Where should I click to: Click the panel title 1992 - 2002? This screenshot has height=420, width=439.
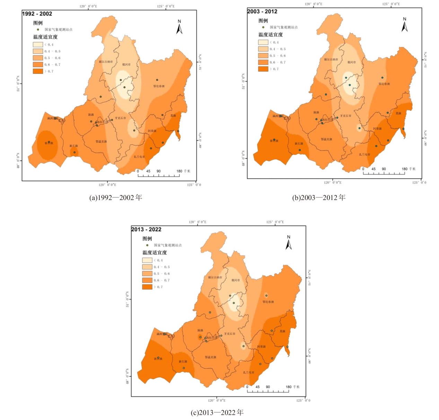click(37, 14)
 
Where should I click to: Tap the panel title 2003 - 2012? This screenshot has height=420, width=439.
click(262, 11)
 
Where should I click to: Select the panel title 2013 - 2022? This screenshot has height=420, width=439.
click(146, 229)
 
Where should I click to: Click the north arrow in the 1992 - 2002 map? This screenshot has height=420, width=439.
click(179, 27)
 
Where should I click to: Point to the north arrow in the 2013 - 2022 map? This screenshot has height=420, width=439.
click(288, 243)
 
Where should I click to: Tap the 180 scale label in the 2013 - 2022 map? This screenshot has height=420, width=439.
click(289, 387)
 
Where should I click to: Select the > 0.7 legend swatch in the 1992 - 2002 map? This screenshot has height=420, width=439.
click(38, 71)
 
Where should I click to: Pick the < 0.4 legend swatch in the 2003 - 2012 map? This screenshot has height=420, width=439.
click(263, 42)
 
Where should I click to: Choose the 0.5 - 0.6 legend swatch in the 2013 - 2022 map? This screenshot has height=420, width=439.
click(147, 273)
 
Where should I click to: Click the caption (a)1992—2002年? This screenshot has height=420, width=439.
click(116, 198)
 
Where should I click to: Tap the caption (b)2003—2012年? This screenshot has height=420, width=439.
click(319, 198)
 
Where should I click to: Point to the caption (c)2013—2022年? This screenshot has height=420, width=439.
click(217, 412)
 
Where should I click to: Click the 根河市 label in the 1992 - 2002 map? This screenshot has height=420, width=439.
click(126, 64)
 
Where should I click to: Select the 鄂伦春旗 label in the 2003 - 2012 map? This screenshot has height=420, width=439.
click(384, 84)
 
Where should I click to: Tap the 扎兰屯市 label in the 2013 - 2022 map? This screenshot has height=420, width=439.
click(248, 373)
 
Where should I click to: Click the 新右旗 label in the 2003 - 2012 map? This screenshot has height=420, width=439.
click(274, 141)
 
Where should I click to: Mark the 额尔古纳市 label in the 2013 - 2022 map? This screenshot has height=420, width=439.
click(215, 277)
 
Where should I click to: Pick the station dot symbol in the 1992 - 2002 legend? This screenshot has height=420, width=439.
click(38, 29)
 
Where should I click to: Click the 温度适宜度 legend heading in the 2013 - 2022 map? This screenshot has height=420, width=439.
click(155, 253)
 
